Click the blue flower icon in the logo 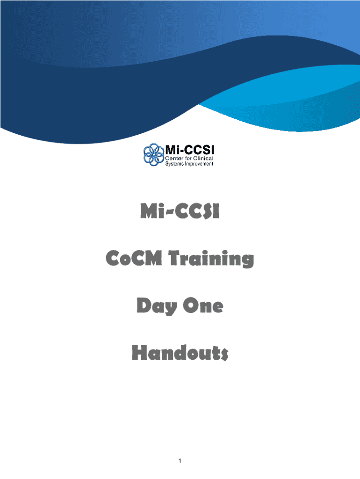point(154,154)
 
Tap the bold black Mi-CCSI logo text point(190,150)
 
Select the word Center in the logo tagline point(174,158)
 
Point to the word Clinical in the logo point(203,158)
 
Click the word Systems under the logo point(174,164)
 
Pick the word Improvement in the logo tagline point(199,164)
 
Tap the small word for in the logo point(188,158)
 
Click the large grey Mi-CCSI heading point(180,211)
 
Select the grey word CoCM point(134,258)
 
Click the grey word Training point(211,259)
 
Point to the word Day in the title point(157,306)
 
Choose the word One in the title point(203,305)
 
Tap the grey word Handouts point(180,353)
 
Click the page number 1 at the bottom point(180,461)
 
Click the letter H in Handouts point(139,353)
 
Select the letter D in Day point(144,305)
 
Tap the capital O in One point(191,305)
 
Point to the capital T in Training point(175,258)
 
